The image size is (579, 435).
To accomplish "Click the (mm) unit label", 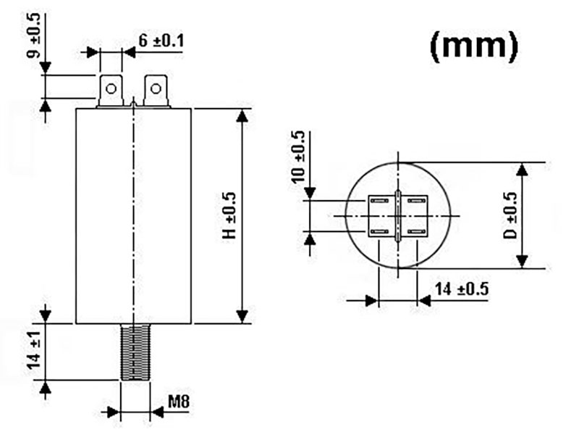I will (474, 46).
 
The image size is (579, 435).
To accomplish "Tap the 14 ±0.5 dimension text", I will (461, 289).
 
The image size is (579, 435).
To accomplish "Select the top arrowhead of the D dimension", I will (523, 169).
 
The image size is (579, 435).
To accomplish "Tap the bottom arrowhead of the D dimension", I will (523, 262).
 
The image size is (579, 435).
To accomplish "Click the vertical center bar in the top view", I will (398, 215).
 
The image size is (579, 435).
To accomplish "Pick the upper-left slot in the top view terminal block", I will (379, 201).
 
